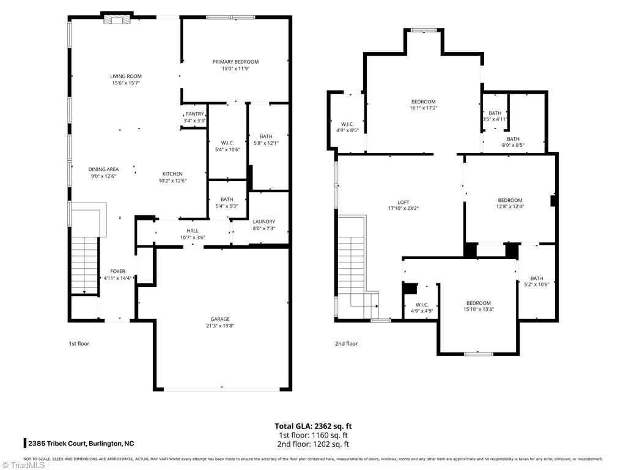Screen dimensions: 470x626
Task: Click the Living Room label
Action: pos(126,76)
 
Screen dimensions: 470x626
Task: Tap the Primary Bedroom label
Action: pos(235,62)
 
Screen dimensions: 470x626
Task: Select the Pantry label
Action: pos(194,114)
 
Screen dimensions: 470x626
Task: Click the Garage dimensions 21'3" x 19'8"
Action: pos(220,326)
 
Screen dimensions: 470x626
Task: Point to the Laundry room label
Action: pos(263,222)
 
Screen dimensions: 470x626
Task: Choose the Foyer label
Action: pos(117,271)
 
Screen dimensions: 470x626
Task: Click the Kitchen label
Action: pos(172,174)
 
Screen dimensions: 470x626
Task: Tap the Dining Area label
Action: pos(103,170)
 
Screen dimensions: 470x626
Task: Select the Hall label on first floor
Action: pos(193,231)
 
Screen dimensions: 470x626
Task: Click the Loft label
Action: pos(403,203)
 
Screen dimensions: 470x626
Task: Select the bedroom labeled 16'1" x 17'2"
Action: pos(423,102)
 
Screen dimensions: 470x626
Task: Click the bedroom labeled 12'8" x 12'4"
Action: pos(510,200)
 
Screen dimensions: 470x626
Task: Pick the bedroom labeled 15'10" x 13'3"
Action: pos(478,303)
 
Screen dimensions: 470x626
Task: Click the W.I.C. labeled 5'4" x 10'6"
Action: pos(227,143)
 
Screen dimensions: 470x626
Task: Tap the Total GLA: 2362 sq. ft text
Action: pos(313,426)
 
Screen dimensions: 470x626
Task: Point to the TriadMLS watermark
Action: pos(23,465)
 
